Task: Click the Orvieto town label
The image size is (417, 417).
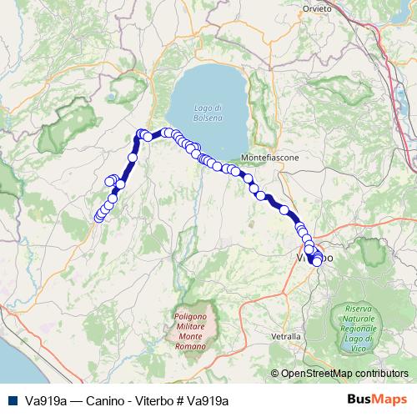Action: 318,8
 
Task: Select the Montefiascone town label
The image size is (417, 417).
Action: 268,157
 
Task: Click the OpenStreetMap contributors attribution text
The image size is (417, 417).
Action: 344,373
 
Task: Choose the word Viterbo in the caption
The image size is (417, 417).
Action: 144,400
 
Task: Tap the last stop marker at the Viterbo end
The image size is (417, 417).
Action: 317,262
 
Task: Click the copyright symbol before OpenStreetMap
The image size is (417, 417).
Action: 275,373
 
